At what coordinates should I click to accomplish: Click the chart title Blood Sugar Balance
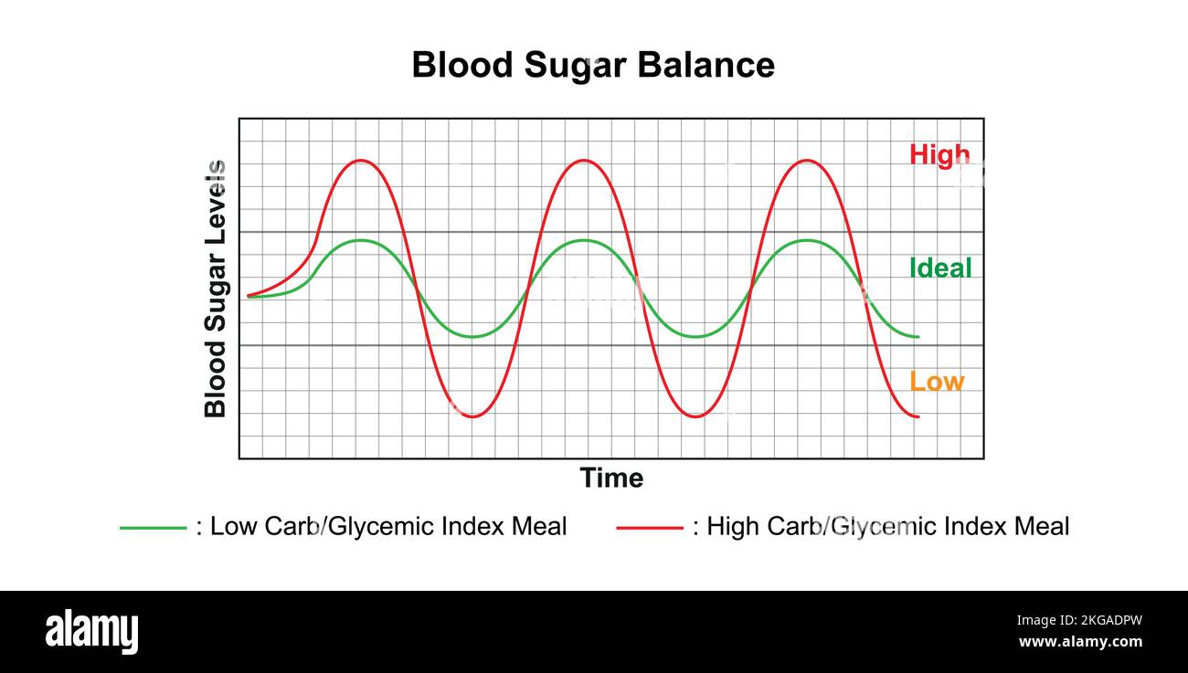(593, 66)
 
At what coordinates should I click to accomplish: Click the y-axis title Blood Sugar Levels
(215, 289)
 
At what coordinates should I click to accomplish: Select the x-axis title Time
(611, 478)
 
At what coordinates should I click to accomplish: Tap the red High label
(939, 154)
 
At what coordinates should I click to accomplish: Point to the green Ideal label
(940, 268)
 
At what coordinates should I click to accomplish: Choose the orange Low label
(936, 381)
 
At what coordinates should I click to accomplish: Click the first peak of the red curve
(361, 161)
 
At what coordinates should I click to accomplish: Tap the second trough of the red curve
(695, 416)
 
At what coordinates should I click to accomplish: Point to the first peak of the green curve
(361, 240)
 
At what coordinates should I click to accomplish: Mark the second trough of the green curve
(695, 337)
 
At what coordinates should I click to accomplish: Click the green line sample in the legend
(153, 527)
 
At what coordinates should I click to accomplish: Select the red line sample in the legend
(650, 527)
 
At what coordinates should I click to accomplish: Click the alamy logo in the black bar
(92, 632)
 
